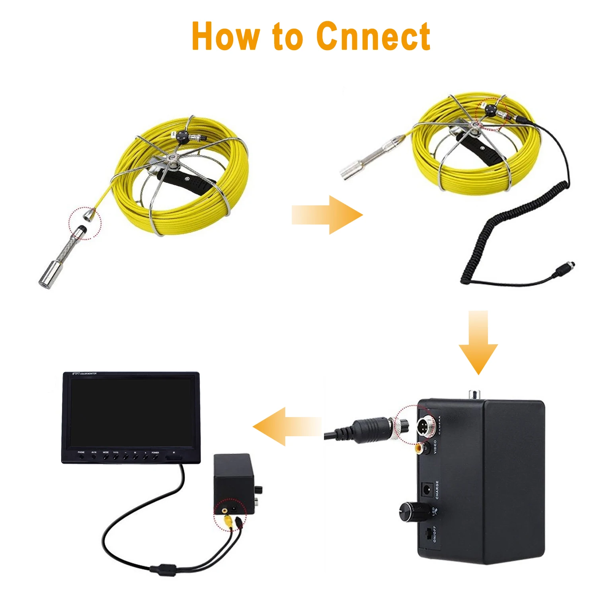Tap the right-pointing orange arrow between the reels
(327, 215)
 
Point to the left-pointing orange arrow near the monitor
(287, 427)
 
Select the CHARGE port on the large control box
(427, 490)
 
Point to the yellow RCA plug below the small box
(228, 520)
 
